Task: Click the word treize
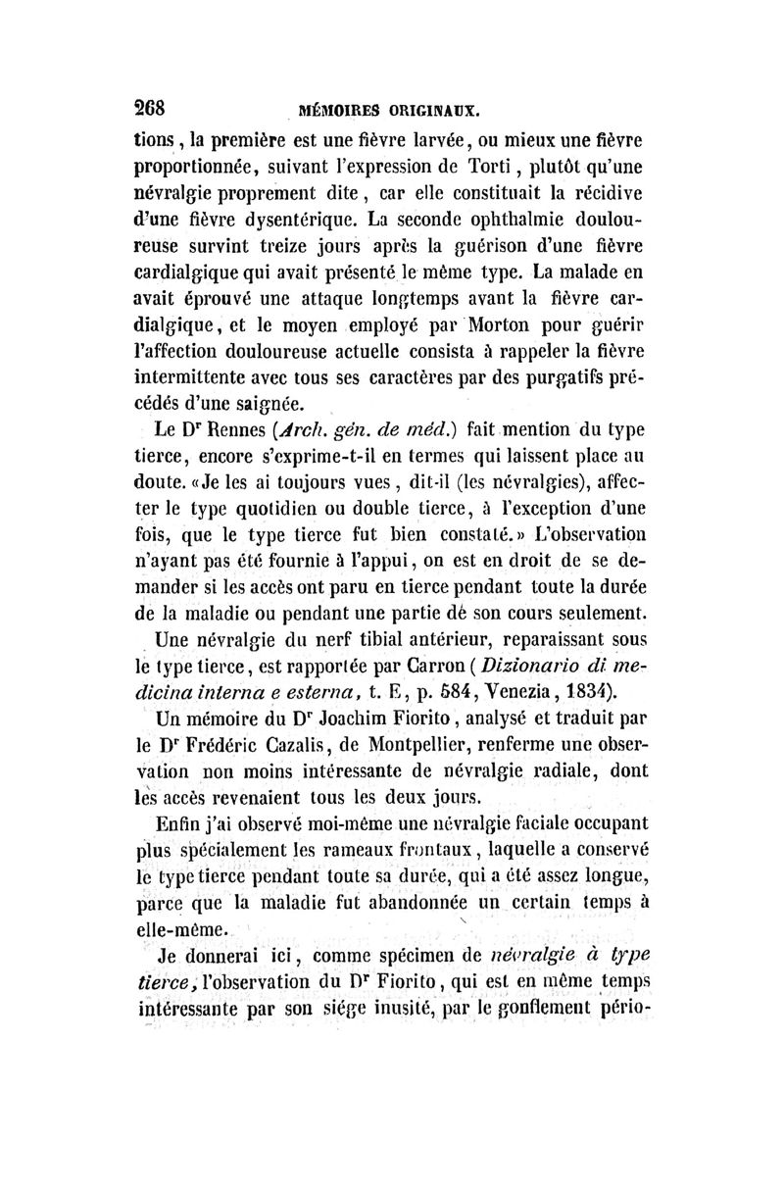click(x=301, y=267)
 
